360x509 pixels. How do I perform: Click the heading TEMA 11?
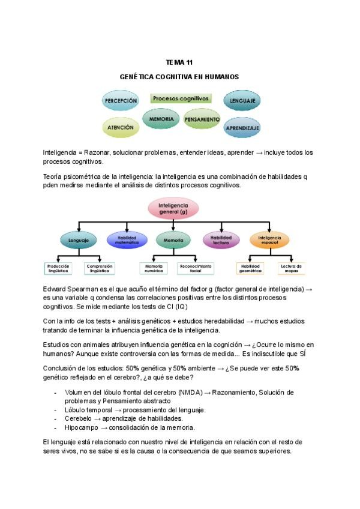point(179,62)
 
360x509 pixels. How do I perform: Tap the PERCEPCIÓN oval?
point(121,101)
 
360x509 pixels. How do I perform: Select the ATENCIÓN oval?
point(121,127)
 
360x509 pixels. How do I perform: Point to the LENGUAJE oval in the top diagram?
point(242,100)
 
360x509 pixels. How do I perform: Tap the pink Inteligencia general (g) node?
point(173,209)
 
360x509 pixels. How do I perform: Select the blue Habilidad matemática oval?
point(127,240)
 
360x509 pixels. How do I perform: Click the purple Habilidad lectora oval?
point(220,240)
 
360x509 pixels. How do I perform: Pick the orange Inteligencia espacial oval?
point(269,240)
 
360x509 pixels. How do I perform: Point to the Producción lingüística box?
point(62,268)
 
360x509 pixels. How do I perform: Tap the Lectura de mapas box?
point(292,268)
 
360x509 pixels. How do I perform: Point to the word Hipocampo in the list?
point(80,427)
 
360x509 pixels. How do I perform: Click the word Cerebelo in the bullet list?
point(78,418)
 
